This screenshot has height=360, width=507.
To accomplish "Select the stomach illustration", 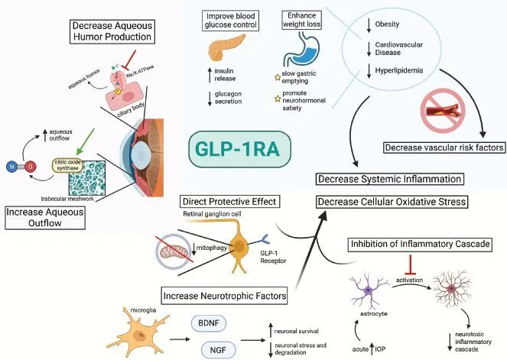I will point(299,54).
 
